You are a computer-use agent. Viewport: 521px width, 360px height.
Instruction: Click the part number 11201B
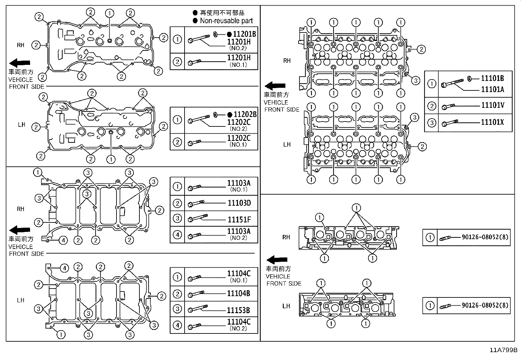pos(244,34)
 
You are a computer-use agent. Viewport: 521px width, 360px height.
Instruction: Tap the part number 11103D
pos(239,203)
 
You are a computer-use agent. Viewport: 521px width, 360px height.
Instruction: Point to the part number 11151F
pos(239,219)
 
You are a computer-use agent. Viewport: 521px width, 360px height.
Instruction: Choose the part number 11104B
pos(239,294)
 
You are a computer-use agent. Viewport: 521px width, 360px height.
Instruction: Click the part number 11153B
pos(239,310)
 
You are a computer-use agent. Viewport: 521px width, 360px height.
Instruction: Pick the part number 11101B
pos(492,79)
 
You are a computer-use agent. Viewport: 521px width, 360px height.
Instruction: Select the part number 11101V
pos(492,105)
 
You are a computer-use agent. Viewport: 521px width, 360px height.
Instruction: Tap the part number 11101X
pos(492,123)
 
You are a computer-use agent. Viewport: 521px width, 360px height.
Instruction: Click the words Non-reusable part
pos(226,21)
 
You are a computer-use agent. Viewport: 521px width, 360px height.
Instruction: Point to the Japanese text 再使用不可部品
pos(222,13)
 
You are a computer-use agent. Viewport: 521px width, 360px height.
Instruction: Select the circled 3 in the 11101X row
pos(432,123)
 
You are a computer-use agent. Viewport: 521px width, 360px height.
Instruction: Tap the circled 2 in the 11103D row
pos(177,203)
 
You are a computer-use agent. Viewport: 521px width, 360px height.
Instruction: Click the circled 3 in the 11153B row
pos(177,309)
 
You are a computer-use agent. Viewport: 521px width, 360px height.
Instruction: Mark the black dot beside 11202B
pos(230,115)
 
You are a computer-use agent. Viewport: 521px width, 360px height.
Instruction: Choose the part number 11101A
pos(492,89)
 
